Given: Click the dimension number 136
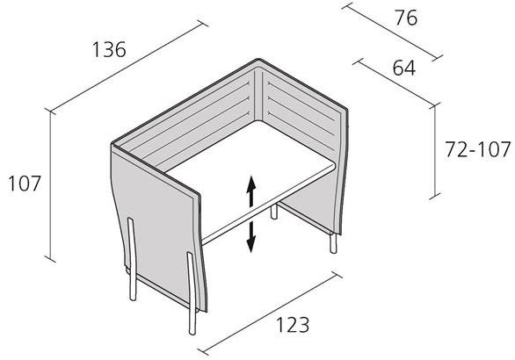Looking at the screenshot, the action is tap(109, 49).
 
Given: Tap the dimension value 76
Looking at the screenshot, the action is tap(406, 18).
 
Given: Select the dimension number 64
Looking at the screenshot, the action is tap(404, 68).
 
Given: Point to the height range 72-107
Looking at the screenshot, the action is tap(478, 149).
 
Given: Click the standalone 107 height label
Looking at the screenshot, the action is tap(25, 184).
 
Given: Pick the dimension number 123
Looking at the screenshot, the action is tap(293, 325).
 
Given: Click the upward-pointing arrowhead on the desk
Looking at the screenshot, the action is tap(251, 183).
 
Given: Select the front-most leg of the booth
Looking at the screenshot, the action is tap(192, 293).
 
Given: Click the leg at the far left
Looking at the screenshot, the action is tap(132, 259).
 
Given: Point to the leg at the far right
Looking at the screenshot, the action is tap(333, 243).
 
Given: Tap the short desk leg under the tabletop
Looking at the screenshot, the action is tap(274, 212).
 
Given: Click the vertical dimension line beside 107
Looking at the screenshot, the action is tap(50, 185).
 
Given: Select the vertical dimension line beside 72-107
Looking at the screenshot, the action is tap(435, 151).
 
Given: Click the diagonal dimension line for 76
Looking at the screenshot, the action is tap(392, 32).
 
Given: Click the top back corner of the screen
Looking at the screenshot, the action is tap(258, 60).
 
